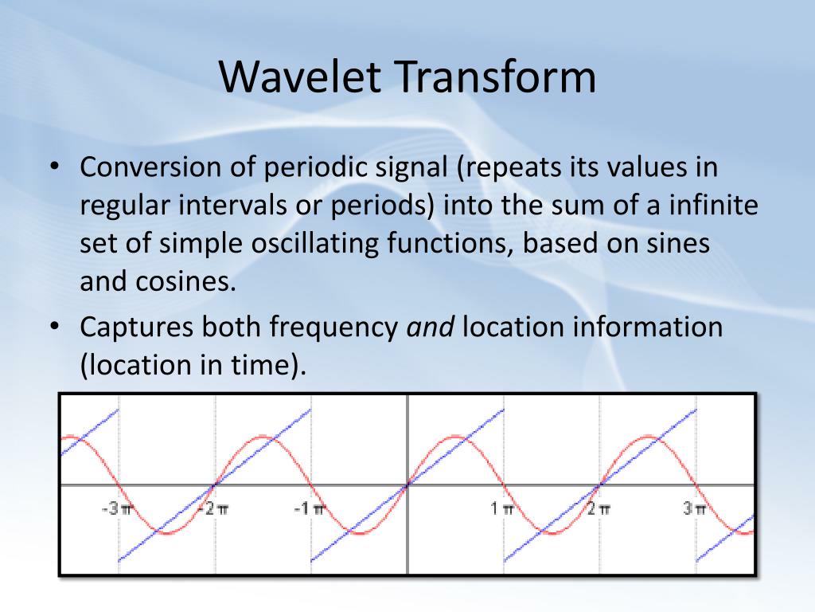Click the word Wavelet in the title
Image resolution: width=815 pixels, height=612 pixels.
[300, 76]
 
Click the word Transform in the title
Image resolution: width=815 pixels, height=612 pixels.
[497, 76]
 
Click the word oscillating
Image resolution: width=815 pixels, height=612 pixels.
[315, 244]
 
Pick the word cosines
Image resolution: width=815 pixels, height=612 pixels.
[185, 282]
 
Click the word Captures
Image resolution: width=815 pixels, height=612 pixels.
[136, 328]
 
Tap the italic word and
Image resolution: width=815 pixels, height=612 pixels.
[430, 328]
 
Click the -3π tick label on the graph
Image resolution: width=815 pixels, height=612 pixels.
[116, 508]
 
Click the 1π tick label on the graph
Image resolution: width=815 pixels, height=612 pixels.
[502, 508]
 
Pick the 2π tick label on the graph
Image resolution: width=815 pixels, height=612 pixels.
[599, 508]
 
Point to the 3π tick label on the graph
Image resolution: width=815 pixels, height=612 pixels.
[695, 508]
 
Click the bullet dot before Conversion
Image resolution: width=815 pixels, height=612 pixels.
[55, 167]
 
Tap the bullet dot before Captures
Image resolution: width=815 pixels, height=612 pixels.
[55, 327]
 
